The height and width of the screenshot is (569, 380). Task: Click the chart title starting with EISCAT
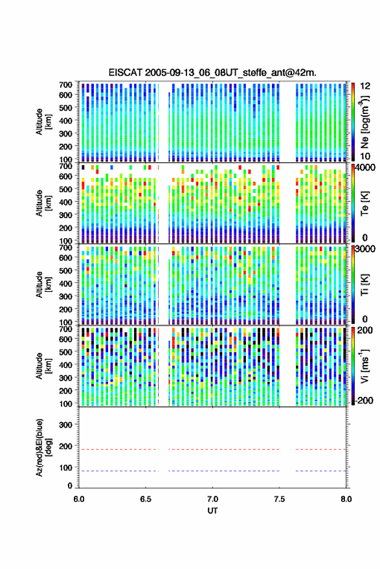(212, 73)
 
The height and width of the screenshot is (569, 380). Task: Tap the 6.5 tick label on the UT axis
(146, 499)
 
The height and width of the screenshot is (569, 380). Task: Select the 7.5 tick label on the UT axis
(279, 499)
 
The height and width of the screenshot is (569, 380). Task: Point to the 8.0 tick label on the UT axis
(346, 499)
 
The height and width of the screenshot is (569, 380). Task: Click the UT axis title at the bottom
(212, 511)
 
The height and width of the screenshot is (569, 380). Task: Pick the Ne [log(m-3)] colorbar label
(365, 122)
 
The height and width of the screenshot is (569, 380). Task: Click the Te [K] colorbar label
(364, 203)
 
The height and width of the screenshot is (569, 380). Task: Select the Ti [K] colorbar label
(364, 285)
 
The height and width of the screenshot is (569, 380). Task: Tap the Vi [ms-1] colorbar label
(364, 366)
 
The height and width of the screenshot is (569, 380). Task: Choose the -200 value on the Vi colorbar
(364, 401)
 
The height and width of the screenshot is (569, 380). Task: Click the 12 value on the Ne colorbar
(365, 86)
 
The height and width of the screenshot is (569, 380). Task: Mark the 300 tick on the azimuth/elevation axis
(65, 425)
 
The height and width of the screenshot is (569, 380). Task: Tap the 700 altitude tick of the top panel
(65, 85)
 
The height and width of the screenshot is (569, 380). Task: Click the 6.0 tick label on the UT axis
(79, 499)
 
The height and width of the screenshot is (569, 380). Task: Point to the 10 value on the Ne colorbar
(365, 157)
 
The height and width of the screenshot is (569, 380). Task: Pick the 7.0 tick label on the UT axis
(212, 499)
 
